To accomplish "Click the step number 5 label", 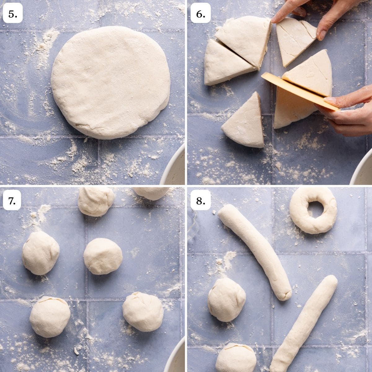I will click(13, 14).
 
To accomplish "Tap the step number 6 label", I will click(201, 14).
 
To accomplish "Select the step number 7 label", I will click(12, 201).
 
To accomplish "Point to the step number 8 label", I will click(201, 201).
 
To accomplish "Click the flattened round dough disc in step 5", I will click(111, 82).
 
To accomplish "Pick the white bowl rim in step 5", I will click(174, 167).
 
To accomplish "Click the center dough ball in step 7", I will click(103, 256).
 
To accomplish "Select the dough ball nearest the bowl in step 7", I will click(143, 311).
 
